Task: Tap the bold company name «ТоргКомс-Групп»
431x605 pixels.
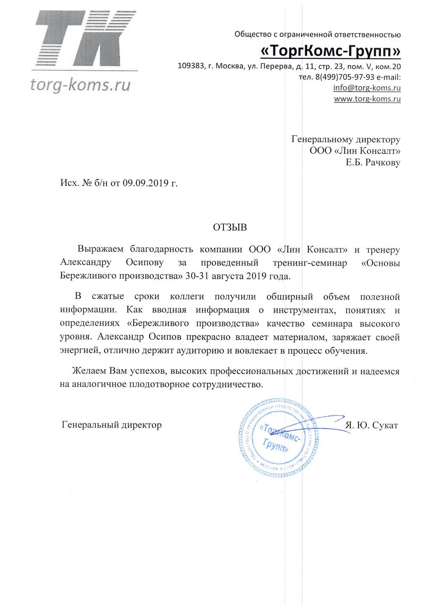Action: pyautogui.click(x=331, y=51)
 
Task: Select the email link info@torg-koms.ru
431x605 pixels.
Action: pyautogui.click(x=367, y=88)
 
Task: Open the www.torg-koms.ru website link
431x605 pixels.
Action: pyautogui.click(x=367, y=99)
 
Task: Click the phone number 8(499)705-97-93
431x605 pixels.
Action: pyautogui.click(x=345, y=77)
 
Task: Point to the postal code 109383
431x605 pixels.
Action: pyautogui.click(x=191, y=66)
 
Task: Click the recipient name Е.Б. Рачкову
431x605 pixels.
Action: pyautogui.click(x=373, y=163)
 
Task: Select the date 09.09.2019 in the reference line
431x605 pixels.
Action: pyautogui.click(x=145, y=183)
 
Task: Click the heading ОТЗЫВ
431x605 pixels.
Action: pyautogui.click(x=230, y=228)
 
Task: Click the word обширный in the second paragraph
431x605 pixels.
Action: pyautogui.click(x=290, y=297)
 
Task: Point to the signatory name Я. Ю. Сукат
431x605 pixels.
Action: pyautogui.click(x=372, y=426)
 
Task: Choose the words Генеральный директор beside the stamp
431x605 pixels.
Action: pyautogui.click(x=112, y=425)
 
